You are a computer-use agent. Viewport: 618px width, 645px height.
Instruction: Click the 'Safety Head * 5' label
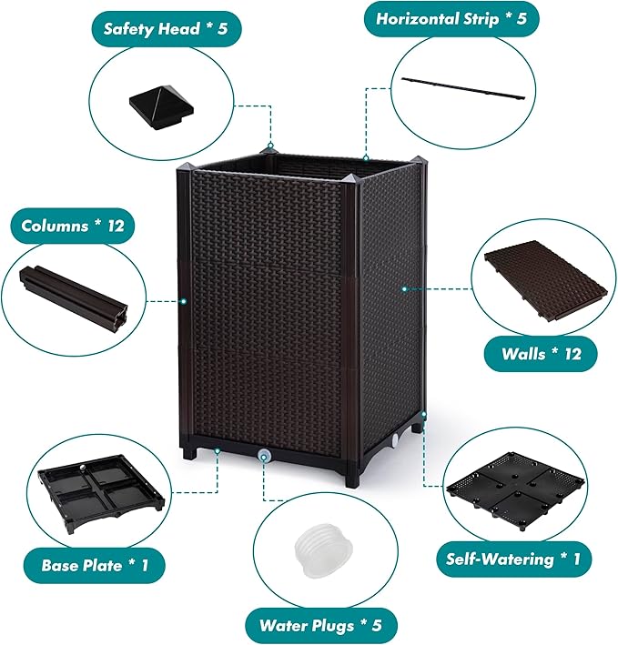[166, 28]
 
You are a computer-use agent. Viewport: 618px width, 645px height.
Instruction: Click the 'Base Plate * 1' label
[95, 565]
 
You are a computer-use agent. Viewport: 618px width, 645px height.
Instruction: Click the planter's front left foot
[190, 451]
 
